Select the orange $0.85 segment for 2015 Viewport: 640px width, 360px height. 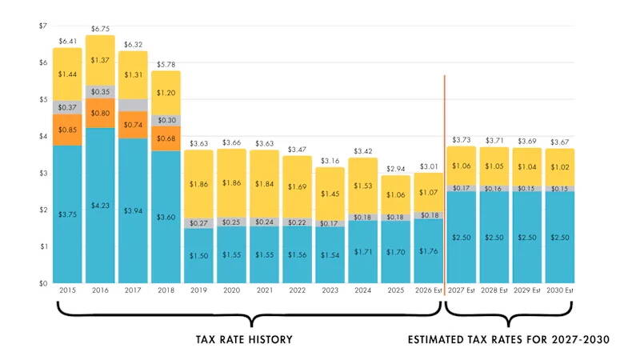pyautogui.click(x=68, y=130)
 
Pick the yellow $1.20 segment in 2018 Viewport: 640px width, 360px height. pyautogui.click(x=166, y=93)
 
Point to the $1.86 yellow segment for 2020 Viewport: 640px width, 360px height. pyautogui.click(x=231, y=183)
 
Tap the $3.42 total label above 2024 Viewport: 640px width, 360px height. pyautogui.click(x=362, y=150)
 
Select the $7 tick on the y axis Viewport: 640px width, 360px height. pyautogui.click(x=43, y=26)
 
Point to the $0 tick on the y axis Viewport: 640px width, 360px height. pyautogui.click(x=43, y=283)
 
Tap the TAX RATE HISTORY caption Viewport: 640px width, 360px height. pyautogui.click(x=244, y=340)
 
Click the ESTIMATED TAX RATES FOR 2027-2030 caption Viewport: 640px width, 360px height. pyautogui.click(x=509, y=340)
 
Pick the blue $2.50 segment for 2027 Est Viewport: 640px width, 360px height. pyautogui.click(x=462, y=238)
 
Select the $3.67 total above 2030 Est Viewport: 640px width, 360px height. pyautogui.click(x=559, y=141)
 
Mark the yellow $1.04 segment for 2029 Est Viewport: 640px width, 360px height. pyautogui.click(x=526, y=167)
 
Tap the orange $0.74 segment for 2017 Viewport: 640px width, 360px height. pyautogui.click(x=133, y=125)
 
